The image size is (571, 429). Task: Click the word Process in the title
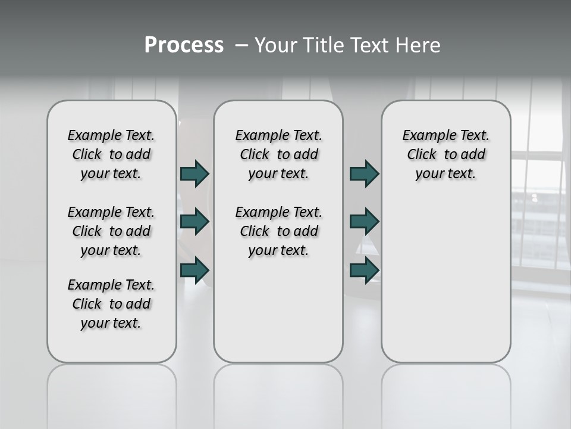(184, 45)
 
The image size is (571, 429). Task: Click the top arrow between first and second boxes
(194, 174)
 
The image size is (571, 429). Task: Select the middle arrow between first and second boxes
(194, 222)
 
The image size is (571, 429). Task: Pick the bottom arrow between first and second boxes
(194, 271)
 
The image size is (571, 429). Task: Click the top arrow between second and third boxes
(364, 174)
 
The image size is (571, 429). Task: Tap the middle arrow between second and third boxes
(364, 222)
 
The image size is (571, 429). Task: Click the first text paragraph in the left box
(111, 154)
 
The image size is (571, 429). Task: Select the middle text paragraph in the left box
(111, 231)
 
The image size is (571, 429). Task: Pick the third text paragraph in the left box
(111, 304)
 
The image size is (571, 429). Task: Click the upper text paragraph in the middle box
(279, 154)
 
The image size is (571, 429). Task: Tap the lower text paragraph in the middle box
(279, 231)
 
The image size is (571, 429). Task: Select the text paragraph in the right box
(446, 154)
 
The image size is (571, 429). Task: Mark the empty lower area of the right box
(446, 280)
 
